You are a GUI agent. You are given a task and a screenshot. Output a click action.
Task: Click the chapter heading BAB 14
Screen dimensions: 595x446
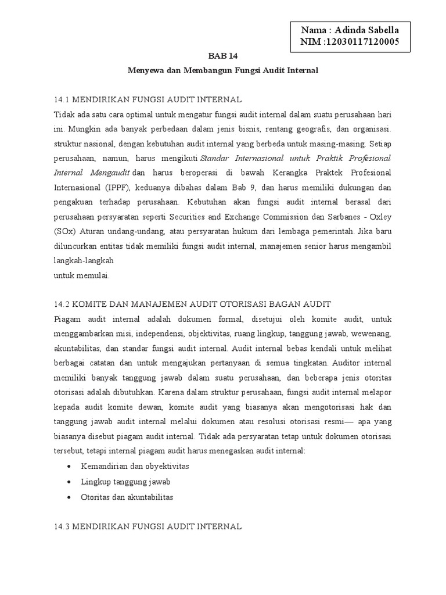223,56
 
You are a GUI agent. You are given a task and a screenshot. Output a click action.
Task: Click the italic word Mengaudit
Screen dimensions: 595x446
110,173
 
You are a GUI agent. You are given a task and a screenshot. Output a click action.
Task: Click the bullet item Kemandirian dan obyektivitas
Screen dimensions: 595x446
135,467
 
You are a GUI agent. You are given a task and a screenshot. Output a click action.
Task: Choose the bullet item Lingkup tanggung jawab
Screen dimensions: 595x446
126,482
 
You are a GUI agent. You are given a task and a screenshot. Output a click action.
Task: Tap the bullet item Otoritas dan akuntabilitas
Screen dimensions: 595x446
128,497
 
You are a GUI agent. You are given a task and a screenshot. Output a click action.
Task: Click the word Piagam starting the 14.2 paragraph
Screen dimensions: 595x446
68,319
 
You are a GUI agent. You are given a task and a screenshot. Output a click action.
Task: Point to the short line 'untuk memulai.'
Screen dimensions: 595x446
81,276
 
